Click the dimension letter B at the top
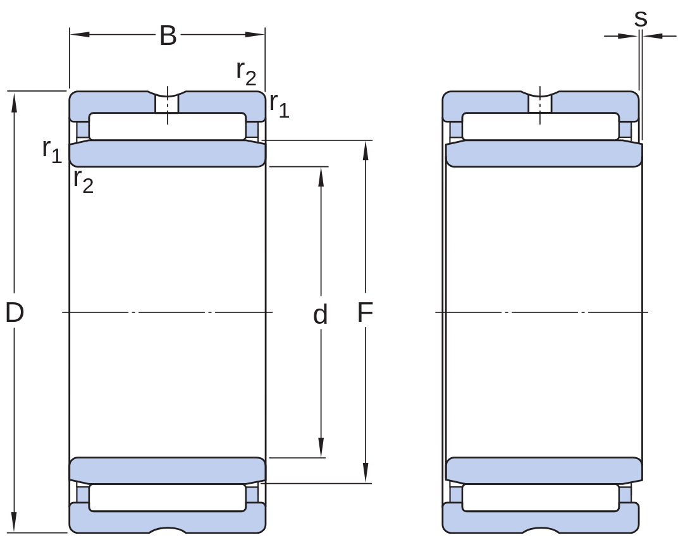tap(168, 35)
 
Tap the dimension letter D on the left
tap(15, 312)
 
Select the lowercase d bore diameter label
tap(320, 314)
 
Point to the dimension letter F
tap(365, 312)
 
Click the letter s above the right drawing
tap(640, 18)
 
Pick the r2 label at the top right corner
tap(246, 73)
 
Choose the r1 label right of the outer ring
tap(280, 105)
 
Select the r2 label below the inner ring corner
tap(83, 180)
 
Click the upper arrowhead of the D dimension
tap(14, 102)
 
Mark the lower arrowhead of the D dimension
tap(14, 522)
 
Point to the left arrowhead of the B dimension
tap(80, 34)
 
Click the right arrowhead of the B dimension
tap(255, 34)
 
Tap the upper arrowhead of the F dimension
tap(366, 150)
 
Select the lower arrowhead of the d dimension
tap(321, 448)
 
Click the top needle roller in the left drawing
tap(167, 126)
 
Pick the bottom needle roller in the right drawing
tap(541, 498)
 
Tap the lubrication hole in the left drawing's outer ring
tap(167, 104)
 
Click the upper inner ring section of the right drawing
tap(544, 154)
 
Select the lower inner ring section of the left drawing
tap(167, 470)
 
